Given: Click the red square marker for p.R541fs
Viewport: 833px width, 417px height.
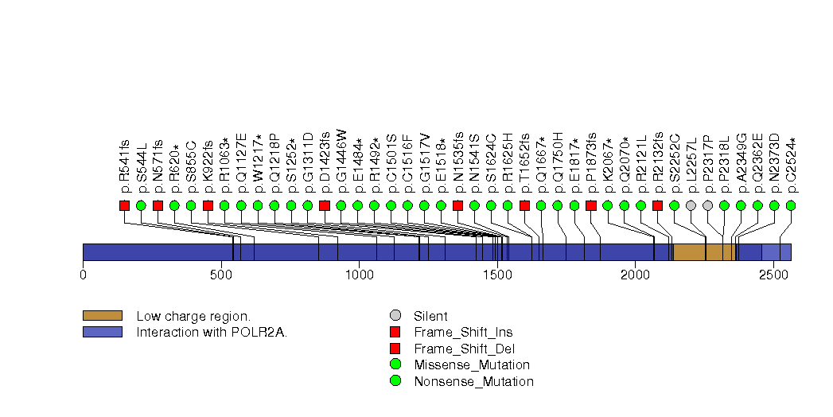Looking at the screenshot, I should [x=124, y=205].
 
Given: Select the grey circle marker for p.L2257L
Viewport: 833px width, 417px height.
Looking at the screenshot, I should [x=691, y=205].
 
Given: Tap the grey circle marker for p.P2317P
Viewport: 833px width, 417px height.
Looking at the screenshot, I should [x=707, y=205].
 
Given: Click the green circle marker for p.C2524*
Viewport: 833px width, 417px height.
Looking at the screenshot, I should [x=790, y=205].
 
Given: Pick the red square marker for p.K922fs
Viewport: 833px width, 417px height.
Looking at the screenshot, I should [x=208, y=205].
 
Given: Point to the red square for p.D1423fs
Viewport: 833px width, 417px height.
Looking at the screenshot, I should [x=324, y=205].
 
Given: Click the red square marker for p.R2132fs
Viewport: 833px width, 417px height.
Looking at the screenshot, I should [x=657, y=205].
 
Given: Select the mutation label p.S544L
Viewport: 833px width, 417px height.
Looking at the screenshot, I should [x=142, y=168].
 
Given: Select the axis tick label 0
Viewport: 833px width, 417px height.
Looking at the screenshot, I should [x=83, y=275].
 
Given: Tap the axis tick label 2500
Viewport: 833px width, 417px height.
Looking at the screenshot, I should [x=773, y=275].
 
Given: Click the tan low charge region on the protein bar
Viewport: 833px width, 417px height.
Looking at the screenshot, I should [x=703, y=252].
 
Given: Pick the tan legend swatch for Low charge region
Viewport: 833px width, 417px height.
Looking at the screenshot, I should [x=102, y=316].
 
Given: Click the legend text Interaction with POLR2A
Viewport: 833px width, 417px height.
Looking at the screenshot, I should [x=212, y=332].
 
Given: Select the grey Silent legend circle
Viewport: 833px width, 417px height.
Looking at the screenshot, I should [x=395, y=316].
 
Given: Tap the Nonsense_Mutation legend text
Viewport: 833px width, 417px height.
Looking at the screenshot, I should [x=473, y=381].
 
